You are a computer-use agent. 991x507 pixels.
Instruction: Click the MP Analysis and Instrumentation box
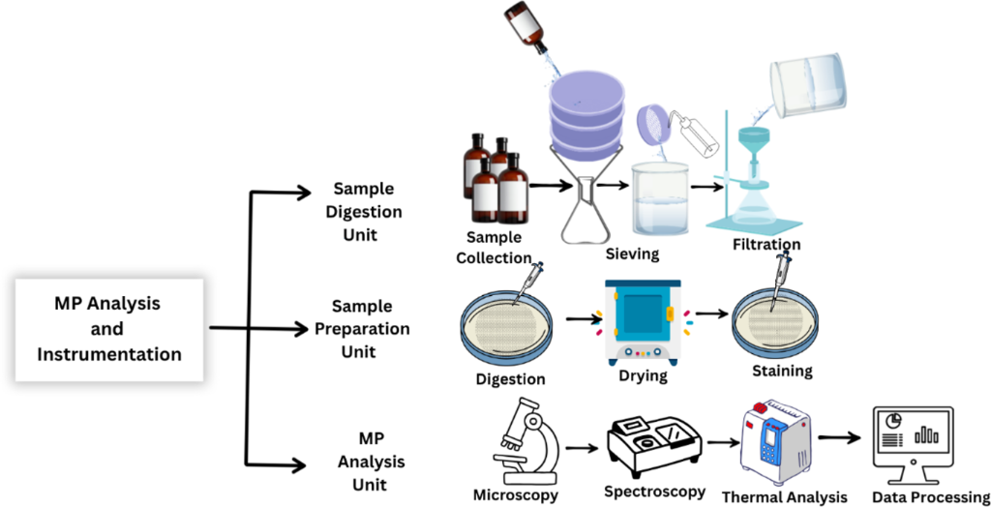108,329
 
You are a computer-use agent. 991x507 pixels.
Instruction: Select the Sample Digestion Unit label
363,212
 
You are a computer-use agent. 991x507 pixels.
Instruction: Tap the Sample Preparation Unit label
362,329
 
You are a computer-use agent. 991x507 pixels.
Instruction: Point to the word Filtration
766,244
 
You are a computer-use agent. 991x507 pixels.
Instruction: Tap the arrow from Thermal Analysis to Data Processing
841,437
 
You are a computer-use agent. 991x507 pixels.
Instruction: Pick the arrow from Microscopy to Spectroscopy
581,447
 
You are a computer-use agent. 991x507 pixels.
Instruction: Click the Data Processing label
930,497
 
